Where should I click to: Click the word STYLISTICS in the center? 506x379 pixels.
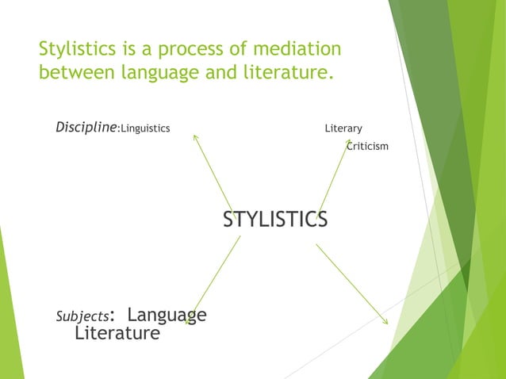pos(274,220)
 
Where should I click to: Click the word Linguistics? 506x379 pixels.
pos(144,128)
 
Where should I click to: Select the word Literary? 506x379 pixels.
pos(343,128)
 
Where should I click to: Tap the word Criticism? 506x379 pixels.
pos(367,146)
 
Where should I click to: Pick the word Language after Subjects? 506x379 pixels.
pos(167,315)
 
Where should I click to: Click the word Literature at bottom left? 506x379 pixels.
pos(117,333)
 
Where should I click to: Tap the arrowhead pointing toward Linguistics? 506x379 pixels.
pos(196,137)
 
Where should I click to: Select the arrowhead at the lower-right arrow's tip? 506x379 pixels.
pos(385,321)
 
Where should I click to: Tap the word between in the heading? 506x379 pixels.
pos(74,75)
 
